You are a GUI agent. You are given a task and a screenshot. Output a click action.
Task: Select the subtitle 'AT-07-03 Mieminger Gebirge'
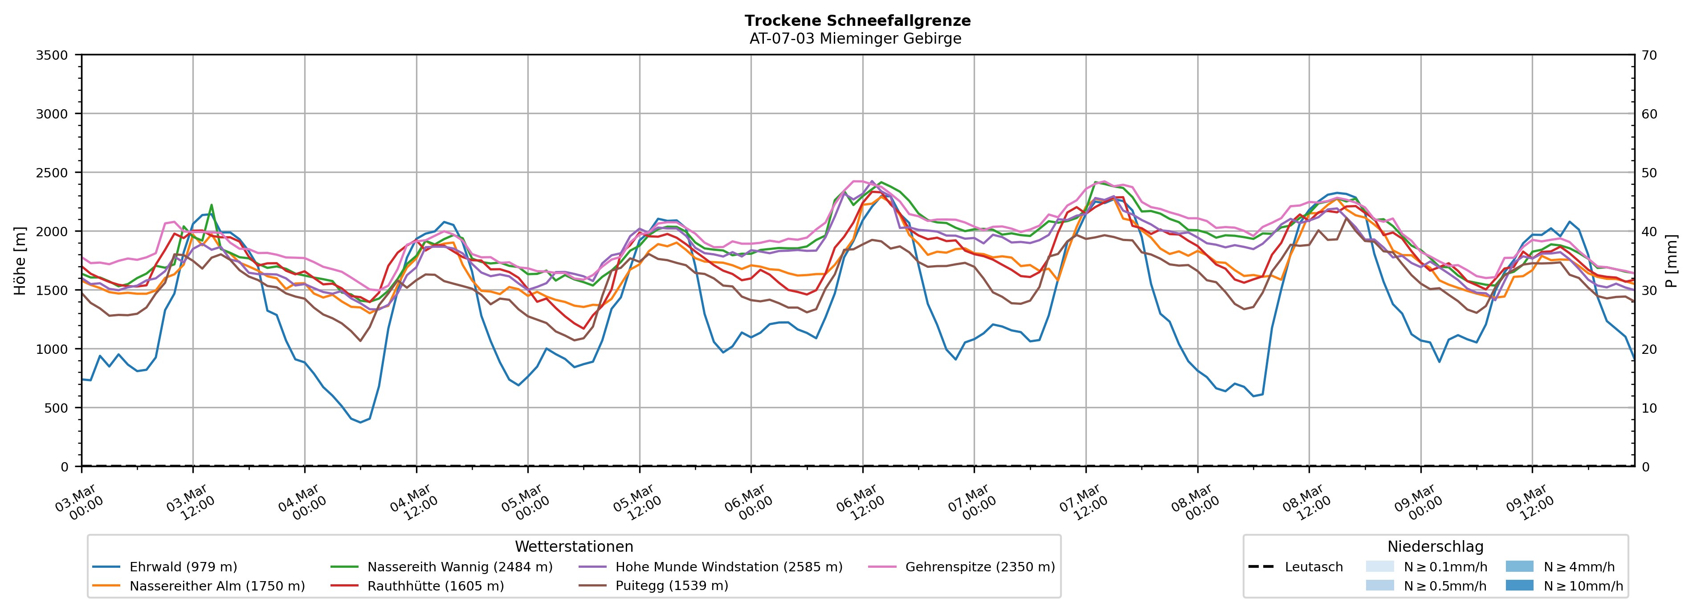[855, 39]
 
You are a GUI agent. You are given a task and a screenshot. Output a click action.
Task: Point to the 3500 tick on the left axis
[52, 55]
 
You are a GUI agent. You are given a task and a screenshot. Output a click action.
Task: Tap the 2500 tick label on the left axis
[52, 173]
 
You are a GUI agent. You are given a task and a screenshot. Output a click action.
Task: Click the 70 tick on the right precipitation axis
[1649, 55]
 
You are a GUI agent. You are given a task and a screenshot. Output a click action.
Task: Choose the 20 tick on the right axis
[1649, 349]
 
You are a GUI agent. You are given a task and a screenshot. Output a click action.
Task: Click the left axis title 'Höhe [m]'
[20, 261]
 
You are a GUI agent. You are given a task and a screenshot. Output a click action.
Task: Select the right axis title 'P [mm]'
[1671, 261]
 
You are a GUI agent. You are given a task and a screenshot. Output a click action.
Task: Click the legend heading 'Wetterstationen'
[574, 546]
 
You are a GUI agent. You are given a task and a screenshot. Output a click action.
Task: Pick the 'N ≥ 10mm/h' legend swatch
[1519, 585]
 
